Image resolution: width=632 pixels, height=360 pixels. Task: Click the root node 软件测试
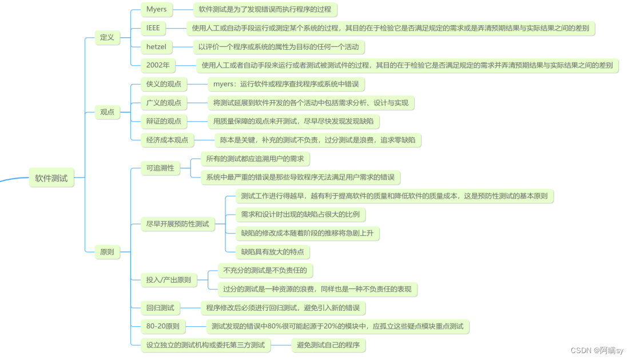[x=51, y=178]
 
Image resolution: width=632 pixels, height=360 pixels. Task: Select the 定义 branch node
[x=107, y=38]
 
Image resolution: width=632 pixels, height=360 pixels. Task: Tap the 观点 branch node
[x=107, y=112]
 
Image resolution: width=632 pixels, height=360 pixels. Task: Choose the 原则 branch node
[x=107, y=252]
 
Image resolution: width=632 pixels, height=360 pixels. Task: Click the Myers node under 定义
[x=156, y=9]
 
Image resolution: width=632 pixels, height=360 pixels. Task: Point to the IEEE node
[x=153, y=27]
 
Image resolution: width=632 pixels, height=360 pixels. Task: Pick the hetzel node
[x=156, y=46]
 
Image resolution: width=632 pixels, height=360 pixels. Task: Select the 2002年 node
[x=158, y=65]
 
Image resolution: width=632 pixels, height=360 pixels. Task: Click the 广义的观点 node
[x=164, y=102]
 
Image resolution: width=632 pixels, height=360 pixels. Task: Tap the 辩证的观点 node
[x=164, y=121]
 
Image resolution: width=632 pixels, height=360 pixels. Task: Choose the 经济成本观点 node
[x=167, y=140]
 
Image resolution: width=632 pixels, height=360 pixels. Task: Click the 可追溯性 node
[x=160, y=168]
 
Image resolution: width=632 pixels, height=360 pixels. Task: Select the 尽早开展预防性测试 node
[x=177, y=224]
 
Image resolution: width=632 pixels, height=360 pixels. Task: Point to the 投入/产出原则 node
[x=169, y=280]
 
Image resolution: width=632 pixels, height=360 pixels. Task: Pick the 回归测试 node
[x=160, y=308]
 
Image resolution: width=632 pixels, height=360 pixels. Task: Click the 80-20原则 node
[x=163, y=327]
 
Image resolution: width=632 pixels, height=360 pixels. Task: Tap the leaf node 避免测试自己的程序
[x=328, y=345]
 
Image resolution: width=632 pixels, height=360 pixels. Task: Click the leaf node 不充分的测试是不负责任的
[x=265, y=270]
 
